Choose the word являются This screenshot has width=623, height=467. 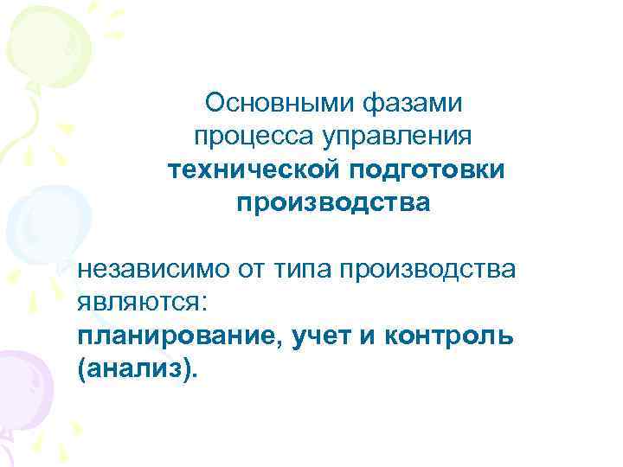click(138, 303)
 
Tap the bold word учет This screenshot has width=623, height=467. click(317, 336)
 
